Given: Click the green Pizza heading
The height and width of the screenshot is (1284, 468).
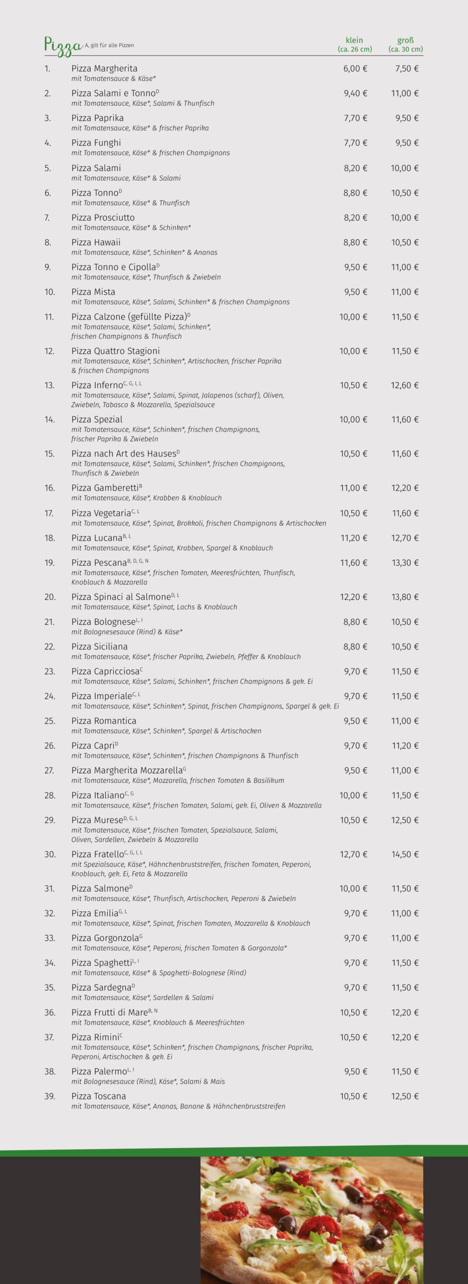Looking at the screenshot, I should tap(63, 45).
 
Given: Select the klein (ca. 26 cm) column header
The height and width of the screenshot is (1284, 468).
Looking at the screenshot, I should tap(354, 45).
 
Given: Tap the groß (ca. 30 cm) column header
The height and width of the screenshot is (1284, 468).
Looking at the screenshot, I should tap(405, 45).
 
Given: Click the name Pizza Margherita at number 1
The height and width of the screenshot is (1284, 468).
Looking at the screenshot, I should tap(104, 68).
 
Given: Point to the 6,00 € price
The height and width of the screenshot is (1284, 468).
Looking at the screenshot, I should tap(355, 69).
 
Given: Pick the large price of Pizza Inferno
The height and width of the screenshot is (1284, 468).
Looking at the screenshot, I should tap(405, 385).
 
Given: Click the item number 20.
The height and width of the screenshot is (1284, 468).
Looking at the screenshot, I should tap(50, 597).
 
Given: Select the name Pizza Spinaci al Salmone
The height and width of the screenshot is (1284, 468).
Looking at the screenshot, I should tap(121, 597).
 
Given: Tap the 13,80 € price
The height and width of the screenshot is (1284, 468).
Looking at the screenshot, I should tap(405, 597).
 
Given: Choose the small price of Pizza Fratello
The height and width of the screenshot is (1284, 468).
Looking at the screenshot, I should tap(354, 854).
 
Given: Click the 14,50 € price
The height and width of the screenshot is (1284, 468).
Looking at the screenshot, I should tap(405, 854).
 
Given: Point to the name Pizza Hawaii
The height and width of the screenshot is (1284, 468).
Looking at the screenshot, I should tap(96, 242).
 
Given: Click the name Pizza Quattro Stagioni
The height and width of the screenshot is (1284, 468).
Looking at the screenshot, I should tap(115, 351).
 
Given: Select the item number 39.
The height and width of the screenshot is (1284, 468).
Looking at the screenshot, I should tap(50, 1096).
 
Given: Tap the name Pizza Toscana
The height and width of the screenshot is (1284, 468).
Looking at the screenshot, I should tap(98, 1096).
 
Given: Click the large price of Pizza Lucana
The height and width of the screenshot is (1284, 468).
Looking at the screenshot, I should tap(405, 538).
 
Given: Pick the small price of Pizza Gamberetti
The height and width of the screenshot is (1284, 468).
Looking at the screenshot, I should tap(354, 488).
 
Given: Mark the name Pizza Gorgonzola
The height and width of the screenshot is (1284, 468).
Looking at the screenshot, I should tap(105, 938).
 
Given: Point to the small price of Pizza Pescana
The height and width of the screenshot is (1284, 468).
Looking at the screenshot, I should tap(354, 563).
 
